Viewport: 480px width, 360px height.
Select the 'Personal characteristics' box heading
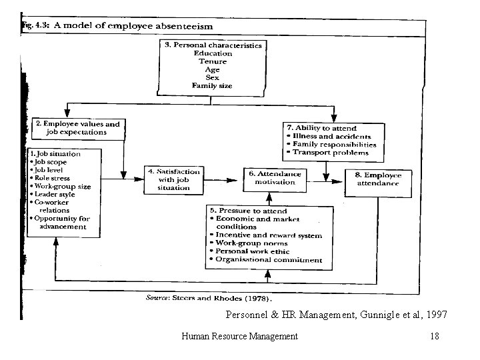pyautogui.click(x=213, y=45)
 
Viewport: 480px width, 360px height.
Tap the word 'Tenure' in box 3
pyautogui.click(x=213, y=61)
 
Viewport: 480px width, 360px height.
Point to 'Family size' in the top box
pyautogui.click(x=213, y=85)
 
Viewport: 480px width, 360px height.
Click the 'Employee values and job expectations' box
pyautogui.click(x=79, y=127)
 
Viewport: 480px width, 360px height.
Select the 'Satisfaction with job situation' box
pyautogui.click(x=172, y=179)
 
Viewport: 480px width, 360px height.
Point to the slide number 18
pyautogui.click(x=435, y=337)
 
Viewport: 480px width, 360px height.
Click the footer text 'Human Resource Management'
pyautogui.click(x=239, y=337)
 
